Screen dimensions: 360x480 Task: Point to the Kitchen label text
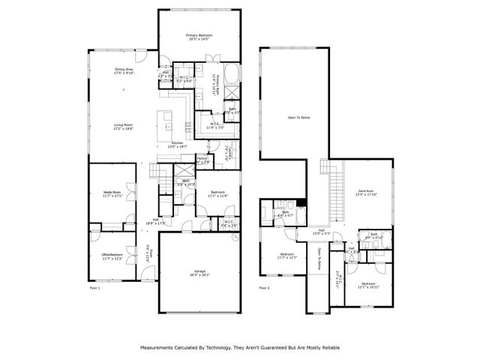pyautogui.click(x=177, y=144)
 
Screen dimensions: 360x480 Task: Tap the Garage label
pyautogui.click(x=199, y=273)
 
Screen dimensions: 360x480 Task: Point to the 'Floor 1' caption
pyautogui.click(x=94, y=287)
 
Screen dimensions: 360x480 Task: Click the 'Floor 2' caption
pyautogui.click(x=264, y=287)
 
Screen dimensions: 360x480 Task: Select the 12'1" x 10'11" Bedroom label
pyautogui.click(x=370, y=285)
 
